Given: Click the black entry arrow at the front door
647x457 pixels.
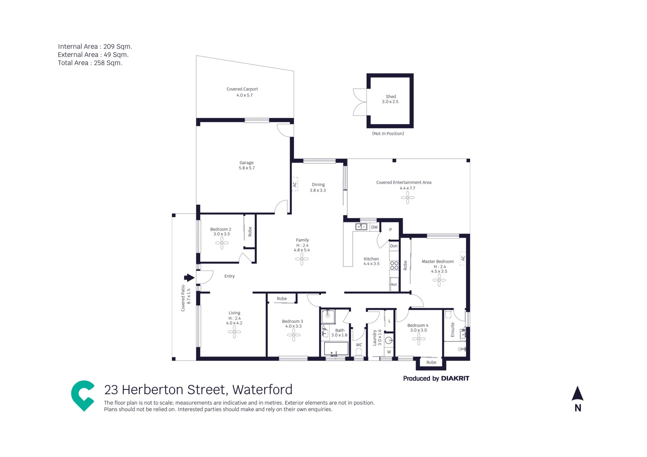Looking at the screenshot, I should point(189,278).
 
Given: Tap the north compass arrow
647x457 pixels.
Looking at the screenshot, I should point(578,394).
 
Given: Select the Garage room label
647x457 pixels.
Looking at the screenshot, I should point(246,162).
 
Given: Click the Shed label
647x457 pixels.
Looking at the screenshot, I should point(391,96).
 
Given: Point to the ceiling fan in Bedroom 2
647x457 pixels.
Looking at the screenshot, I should point(222,243).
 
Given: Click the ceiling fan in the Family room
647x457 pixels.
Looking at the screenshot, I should point(302,259).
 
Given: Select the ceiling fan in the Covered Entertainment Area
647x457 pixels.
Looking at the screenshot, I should point(407,198).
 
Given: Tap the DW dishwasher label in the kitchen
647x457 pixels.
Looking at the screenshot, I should point(374,227).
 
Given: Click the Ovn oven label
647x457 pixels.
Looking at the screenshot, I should point(394,246).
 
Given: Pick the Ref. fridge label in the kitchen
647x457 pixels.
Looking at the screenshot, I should point(394,285).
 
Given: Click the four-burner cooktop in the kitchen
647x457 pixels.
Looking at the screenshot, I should point(394,265).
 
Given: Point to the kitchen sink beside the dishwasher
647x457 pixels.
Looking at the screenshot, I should point(361,227).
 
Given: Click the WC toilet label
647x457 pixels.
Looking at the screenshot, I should point(359,345).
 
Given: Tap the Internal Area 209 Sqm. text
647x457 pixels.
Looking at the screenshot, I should point(95,47).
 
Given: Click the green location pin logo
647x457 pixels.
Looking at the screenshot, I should point(83,395).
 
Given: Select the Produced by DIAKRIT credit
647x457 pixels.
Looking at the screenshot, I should point(436,378).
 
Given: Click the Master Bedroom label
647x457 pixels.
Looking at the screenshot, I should point(437,262).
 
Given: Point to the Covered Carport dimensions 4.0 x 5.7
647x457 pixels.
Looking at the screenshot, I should point(244,95).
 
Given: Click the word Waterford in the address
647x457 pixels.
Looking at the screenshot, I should point(262,389).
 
